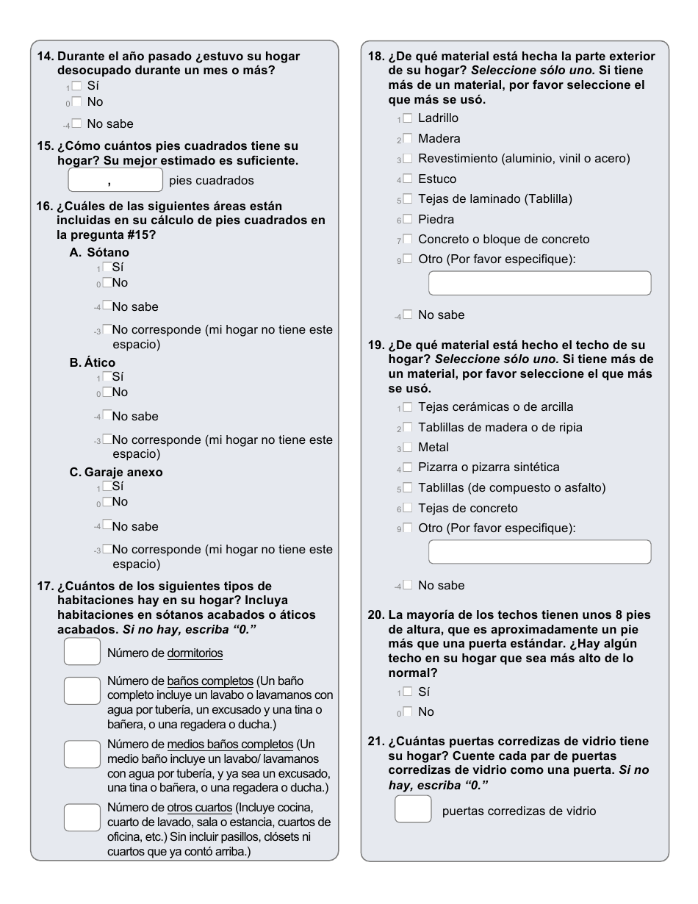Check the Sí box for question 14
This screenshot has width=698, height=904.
[x=76, y=86]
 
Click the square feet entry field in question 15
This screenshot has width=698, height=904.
[x=115, y=180]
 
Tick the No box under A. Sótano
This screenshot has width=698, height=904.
[x=107, y=282]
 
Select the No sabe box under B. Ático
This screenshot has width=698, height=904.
[x=107, y=416]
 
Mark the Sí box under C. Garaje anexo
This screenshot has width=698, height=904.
[x=107, y=486]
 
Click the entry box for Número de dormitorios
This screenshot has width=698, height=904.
[x=82, y=652]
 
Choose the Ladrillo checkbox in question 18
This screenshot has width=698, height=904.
[x=408, y=118]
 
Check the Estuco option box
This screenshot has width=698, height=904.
[x=408, y=179]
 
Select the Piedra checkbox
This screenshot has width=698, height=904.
[x=408, y=219]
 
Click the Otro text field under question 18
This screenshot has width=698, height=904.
[x=539, y=283]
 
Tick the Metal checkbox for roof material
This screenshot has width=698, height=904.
[x=408, y=447]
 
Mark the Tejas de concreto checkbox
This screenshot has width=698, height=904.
[x=408, y=508]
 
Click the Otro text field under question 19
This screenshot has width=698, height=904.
[x=539, y=552]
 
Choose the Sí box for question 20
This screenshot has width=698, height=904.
[x=408, y=692]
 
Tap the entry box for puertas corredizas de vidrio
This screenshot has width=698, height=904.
[x=413, y=809]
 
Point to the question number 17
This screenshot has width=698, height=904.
[x=44, y=586]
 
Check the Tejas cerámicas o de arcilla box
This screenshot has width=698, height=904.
[x=408, y=406]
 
